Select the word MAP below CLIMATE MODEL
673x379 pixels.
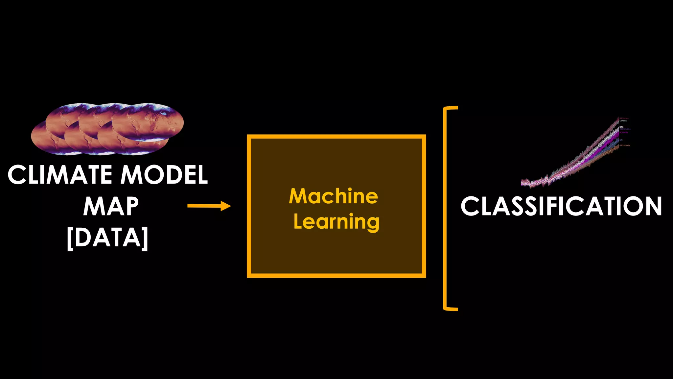(x=111, y=206)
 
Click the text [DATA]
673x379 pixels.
(x=107, y=238)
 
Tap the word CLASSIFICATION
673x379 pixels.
(x=561, y=206)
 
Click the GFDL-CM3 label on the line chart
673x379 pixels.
(x=624, y=118)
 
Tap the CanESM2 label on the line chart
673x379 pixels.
(x=623, y=121)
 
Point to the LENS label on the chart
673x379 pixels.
(x=621, y=127)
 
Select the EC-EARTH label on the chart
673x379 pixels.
(x=624, y=133)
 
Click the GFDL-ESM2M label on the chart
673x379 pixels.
(x=625, y=145)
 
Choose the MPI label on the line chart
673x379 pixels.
(x=621, y=140)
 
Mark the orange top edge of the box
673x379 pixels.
(x=336, y=137)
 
